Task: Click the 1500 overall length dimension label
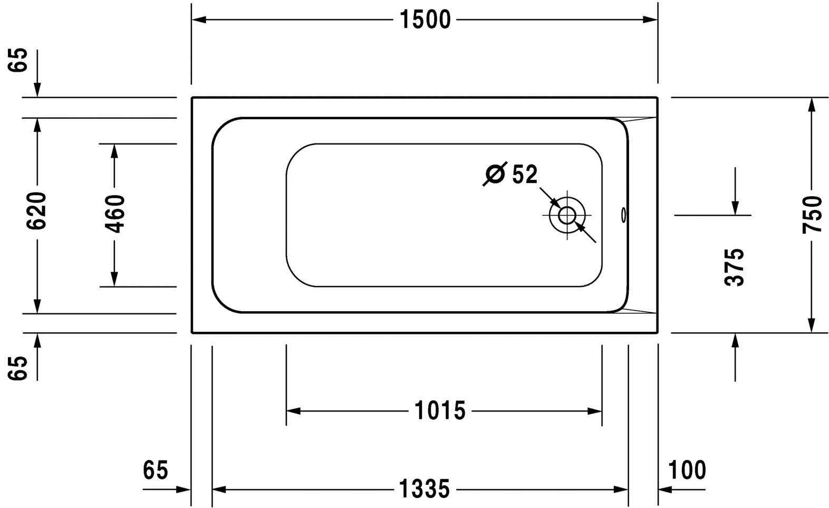[425, 20]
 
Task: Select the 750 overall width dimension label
[812, 214]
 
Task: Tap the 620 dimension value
[37, 210]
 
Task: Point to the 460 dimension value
[115, 214]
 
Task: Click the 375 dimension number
[734, 267]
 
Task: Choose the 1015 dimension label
[440, 410]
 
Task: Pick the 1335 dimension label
[425, 489]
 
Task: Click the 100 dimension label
[687, 470]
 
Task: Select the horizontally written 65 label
[156, 470]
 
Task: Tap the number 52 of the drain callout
[525, 174]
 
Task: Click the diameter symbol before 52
[495, 174]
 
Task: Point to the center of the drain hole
[567, 215]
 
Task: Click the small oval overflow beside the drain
[623, 215]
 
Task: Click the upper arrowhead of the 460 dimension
[114, 151]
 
